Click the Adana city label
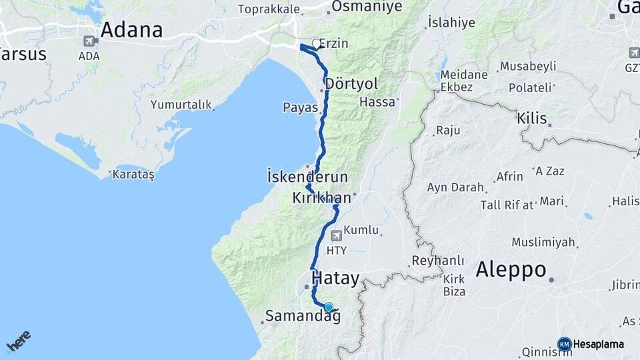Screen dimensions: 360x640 (131, 31)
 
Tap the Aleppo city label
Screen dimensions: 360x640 (511, 270)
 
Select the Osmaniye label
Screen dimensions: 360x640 (367, 7)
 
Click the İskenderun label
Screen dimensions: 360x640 (307, 178)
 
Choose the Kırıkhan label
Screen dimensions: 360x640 (321, 198)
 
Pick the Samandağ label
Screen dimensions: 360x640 (303, 316)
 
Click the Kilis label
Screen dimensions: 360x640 (531, 119)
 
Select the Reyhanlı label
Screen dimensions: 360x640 (437, 260)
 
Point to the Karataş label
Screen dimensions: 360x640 (133, 175)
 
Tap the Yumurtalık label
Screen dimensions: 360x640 (181, 105)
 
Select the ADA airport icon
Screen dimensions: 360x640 (89, 41)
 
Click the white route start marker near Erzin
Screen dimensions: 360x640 (317, 43)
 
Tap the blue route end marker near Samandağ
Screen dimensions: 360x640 (328, 307)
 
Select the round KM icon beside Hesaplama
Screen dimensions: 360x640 (564, 344)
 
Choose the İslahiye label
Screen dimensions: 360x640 (451, 23)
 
